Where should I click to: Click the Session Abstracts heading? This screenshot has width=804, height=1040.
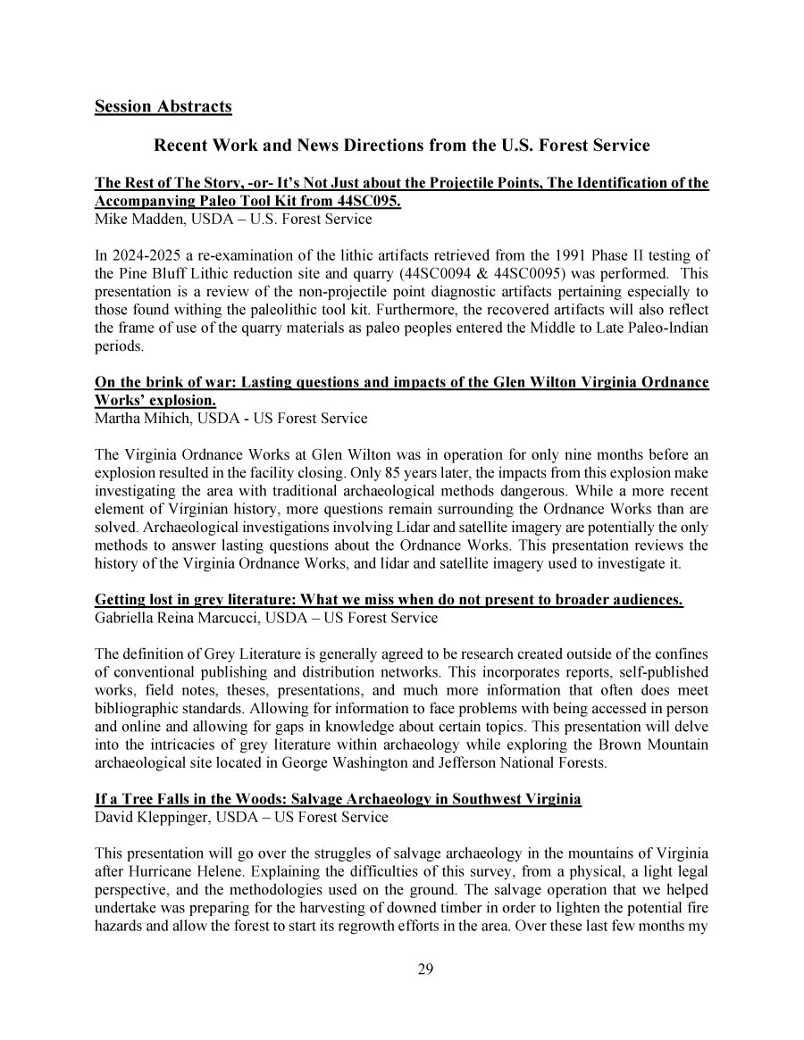coord(163,107)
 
